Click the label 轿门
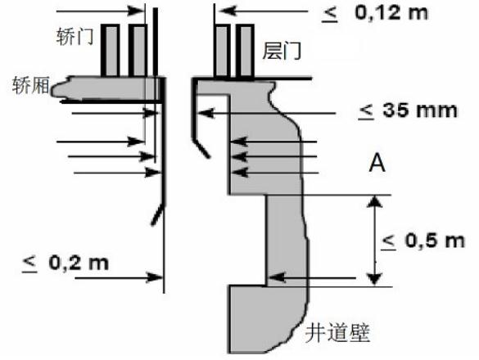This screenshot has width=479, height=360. [x=75, y=37]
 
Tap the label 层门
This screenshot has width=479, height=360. [x=282, y=51]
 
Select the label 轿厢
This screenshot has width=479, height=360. [x=30, y=85]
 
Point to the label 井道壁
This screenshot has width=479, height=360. [x=337, y=332]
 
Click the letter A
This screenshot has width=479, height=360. [x=377, y=164]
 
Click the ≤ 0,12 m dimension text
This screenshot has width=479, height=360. [x=375, y=14]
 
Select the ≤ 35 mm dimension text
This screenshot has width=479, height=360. [x=408, y=110]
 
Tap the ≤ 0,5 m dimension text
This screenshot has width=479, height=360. [x=423, y=241]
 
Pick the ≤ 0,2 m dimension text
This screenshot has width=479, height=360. [x=66, y=263]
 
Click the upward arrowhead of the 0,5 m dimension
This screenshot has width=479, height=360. [x=375, y=202]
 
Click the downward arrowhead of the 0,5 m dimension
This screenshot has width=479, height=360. [x=375, y=279]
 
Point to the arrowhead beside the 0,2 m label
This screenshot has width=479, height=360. [x=154, y=277]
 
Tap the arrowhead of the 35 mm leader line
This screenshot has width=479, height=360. [x=207, y=113]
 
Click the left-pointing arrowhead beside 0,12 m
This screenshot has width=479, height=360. [x=228, y=11]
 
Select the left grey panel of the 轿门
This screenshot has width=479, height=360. [x=111, y=51]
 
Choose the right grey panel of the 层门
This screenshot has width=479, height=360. [x=246, y=52]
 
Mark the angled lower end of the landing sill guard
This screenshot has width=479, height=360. [x=208, y=156]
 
